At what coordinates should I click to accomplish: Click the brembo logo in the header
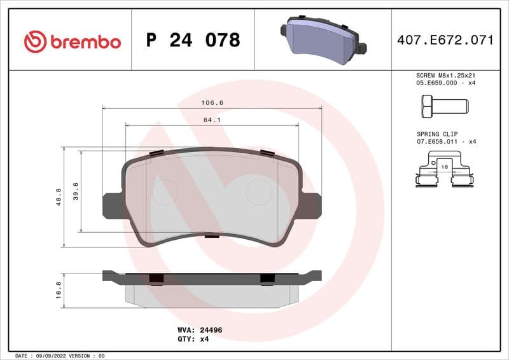[72, 41]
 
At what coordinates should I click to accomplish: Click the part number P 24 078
[193, 41]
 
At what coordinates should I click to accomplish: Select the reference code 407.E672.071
[445, 41]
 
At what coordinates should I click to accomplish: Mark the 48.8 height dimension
[59, 197]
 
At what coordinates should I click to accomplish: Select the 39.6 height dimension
[76, 191]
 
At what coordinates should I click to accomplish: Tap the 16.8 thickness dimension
[59, 290]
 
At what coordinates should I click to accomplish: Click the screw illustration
[444, 105]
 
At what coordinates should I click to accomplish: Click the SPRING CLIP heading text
[437, 134]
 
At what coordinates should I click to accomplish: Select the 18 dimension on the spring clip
[444, 166]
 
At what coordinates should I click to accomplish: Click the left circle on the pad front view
[165, 191]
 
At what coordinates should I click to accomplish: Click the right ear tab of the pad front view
[310, 205]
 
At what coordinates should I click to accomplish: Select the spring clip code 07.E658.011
[437, 141]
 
